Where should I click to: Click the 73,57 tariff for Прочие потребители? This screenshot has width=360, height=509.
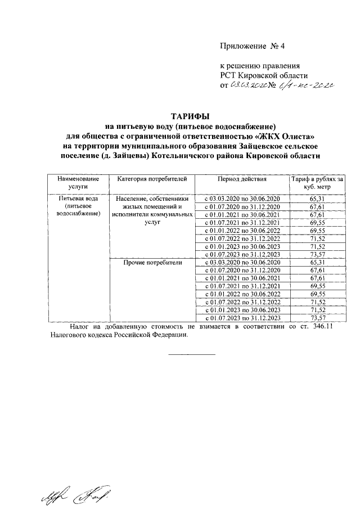[318, 318]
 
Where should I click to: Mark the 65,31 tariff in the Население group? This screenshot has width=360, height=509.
[318, 199]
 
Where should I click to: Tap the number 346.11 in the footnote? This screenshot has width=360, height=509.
[321, 326]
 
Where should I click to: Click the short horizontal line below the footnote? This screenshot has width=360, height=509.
[192, 354]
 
